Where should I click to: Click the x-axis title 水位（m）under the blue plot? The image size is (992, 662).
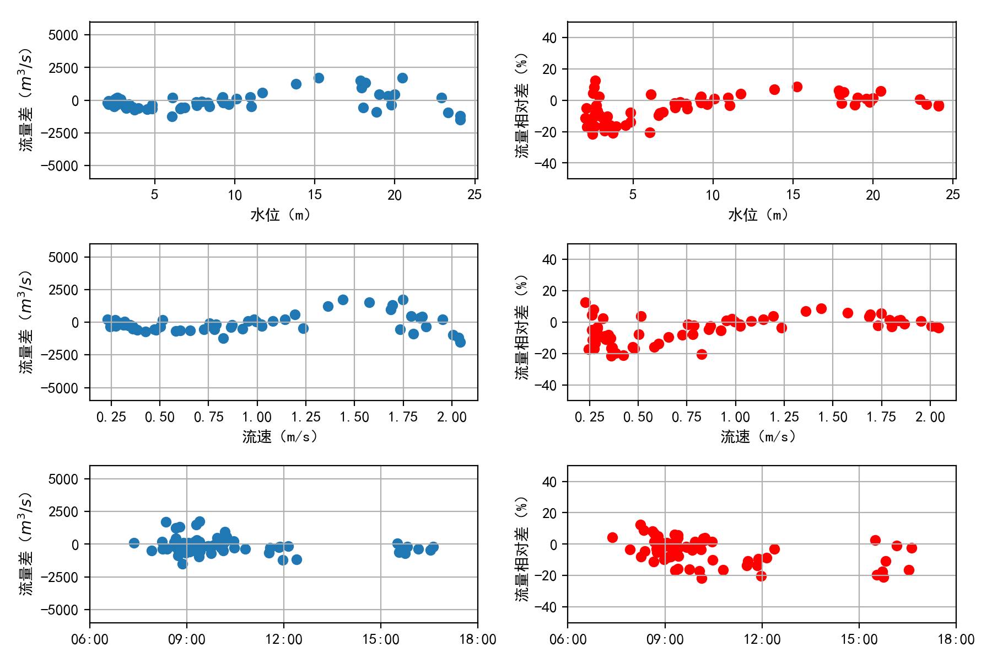[281, 215]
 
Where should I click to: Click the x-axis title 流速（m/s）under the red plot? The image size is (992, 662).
[758, 437]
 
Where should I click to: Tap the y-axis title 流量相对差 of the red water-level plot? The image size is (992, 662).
[521, 105]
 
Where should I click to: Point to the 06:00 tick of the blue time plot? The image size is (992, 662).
[90, 640]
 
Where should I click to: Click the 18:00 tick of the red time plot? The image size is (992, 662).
[956, 640]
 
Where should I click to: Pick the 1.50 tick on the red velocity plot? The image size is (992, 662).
[833, 418]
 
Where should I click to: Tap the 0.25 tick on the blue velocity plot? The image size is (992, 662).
[111, 418]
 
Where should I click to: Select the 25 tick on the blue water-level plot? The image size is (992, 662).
[475, 195]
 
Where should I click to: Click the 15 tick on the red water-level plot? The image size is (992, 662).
[792, 195]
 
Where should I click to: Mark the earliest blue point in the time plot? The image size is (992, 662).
[134, 543]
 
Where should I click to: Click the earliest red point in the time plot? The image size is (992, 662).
[612, 537]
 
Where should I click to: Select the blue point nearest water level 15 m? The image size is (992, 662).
[319, 78]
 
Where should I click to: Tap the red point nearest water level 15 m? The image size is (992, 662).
[797, 87]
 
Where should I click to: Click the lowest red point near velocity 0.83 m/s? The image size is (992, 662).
[702, 354]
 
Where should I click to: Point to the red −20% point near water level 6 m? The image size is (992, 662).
[650, 132]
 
